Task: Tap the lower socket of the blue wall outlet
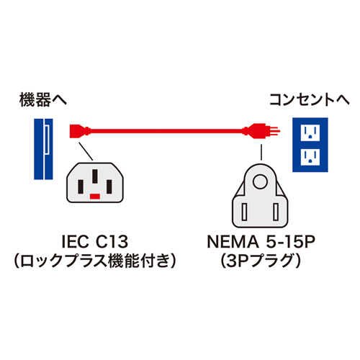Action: [311, 156]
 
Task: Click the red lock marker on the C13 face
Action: [94, 195]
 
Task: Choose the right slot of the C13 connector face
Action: [109, 183]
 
